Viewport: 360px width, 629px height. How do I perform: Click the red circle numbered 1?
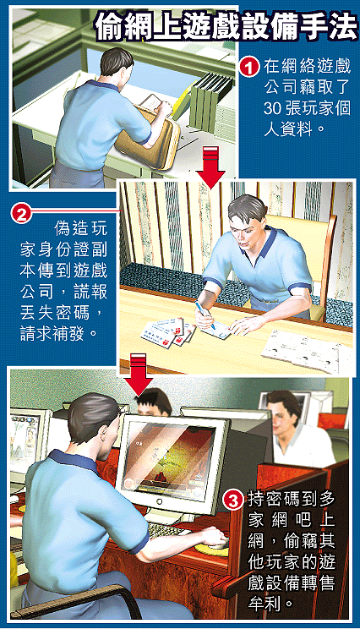coord(249,67)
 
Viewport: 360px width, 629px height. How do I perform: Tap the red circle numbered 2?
coord(22,212)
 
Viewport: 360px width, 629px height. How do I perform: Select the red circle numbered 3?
coord(235,500)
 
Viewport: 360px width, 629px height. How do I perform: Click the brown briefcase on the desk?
coord(148,134)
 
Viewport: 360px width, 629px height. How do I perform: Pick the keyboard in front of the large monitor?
coord(167,530)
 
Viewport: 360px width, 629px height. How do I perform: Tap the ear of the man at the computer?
coord(104,434)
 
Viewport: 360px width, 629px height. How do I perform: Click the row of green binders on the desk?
coord(210,101)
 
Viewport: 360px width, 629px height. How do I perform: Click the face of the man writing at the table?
coord(249,231)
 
